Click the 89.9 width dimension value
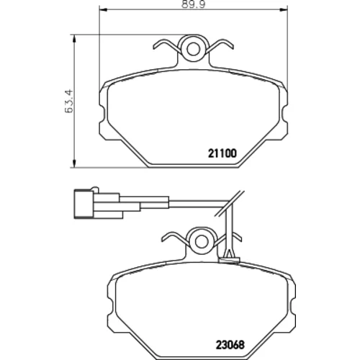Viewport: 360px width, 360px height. pyautogui.click(x=193, y=4)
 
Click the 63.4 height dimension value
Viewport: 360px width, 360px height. pyautogui.click(x=69, y=101)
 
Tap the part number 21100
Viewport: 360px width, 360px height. pyautogui.click(x=222, y=153)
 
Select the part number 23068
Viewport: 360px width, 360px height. pyautogui.click(x=230, y=345)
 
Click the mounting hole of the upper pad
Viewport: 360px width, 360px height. pyautogui.click(x=193, y=50)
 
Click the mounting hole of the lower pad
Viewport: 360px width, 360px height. pyautogui.click(x=202, y=242)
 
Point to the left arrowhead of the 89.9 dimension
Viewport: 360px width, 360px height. pyautogui.click(x=103, y=9)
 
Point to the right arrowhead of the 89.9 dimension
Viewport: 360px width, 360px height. pyautogui.click(x=284, y=9)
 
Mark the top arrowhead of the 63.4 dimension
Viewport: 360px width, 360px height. pyautogui.click(x=74, y=38)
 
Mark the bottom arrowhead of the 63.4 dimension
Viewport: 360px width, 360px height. pyautogui.click(x=74, y=163)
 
